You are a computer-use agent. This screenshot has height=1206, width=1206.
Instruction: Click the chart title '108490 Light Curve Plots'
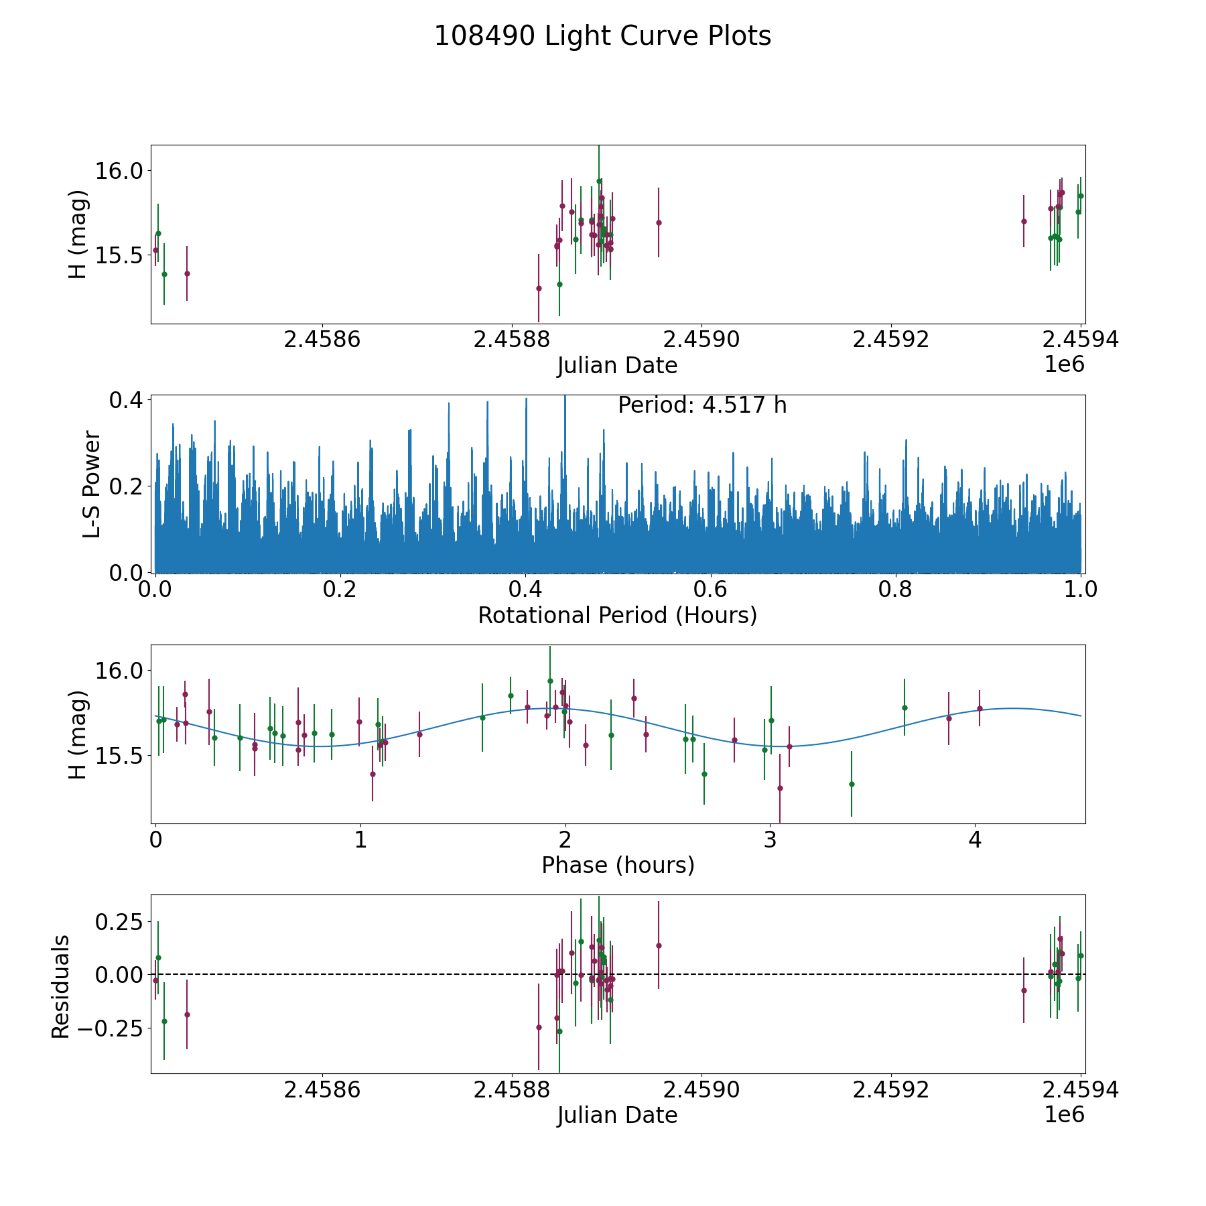coord(602,36)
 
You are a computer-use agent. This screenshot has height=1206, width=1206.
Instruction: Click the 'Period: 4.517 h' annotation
coord(701,405)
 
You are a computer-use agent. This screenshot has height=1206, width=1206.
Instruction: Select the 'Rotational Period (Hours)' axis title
coord(617,615)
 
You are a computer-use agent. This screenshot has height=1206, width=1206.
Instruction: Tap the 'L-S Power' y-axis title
coord(92,484)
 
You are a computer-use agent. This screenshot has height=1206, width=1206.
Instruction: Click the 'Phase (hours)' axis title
coord(618,865)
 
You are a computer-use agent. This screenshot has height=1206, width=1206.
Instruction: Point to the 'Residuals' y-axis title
coord(61,986)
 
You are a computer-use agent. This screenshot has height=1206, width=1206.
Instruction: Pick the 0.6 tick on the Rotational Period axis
coord(710,590)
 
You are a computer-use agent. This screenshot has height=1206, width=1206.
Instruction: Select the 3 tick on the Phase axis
coord(770,840)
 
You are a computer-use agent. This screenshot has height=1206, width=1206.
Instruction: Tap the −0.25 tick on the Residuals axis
coord(114,1028)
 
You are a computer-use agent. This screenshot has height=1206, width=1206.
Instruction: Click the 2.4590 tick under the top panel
coord(701,340)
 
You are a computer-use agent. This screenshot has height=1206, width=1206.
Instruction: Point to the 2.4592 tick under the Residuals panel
coord(890,1090)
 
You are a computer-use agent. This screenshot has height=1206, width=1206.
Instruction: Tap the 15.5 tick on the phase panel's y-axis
coord(119,756)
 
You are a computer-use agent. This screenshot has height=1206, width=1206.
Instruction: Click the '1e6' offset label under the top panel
coord(1064,364)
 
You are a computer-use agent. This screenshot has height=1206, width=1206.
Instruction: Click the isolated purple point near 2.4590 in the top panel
coord(659,222)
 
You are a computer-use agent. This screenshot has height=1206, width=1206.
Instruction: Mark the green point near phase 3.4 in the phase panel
coord(852,784)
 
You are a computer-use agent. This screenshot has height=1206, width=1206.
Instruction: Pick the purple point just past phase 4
coord(980,708)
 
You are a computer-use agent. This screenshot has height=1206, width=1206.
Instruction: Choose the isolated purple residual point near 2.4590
coord(659,945)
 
